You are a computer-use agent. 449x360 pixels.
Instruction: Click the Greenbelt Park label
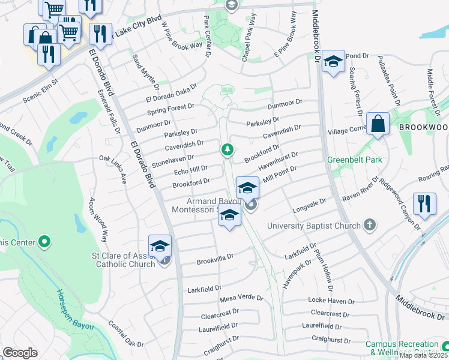[x=354, y=160]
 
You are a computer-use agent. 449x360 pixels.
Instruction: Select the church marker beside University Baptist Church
[x=370, y=226]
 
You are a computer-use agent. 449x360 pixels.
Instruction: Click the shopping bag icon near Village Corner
[x=378, y=124]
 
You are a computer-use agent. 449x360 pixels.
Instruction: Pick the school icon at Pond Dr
[x=333, y=62]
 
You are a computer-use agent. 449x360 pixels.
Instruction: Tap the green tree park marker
[x=227, y=149]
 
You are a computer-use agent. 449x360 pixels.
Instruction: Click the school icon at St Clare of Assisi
[x=160, y=247]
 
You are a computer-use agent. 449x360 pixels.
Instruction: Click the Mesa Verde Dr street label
[x=241, y=298]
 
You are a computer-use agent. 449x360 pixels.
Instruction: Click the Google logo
[x=20, y=353]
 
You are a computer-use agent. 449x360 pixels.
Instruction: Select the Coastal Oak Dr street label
[x=125, y=334]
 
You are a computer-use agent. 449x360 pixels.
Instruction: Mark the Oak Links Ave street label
[x=113, y=168]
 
